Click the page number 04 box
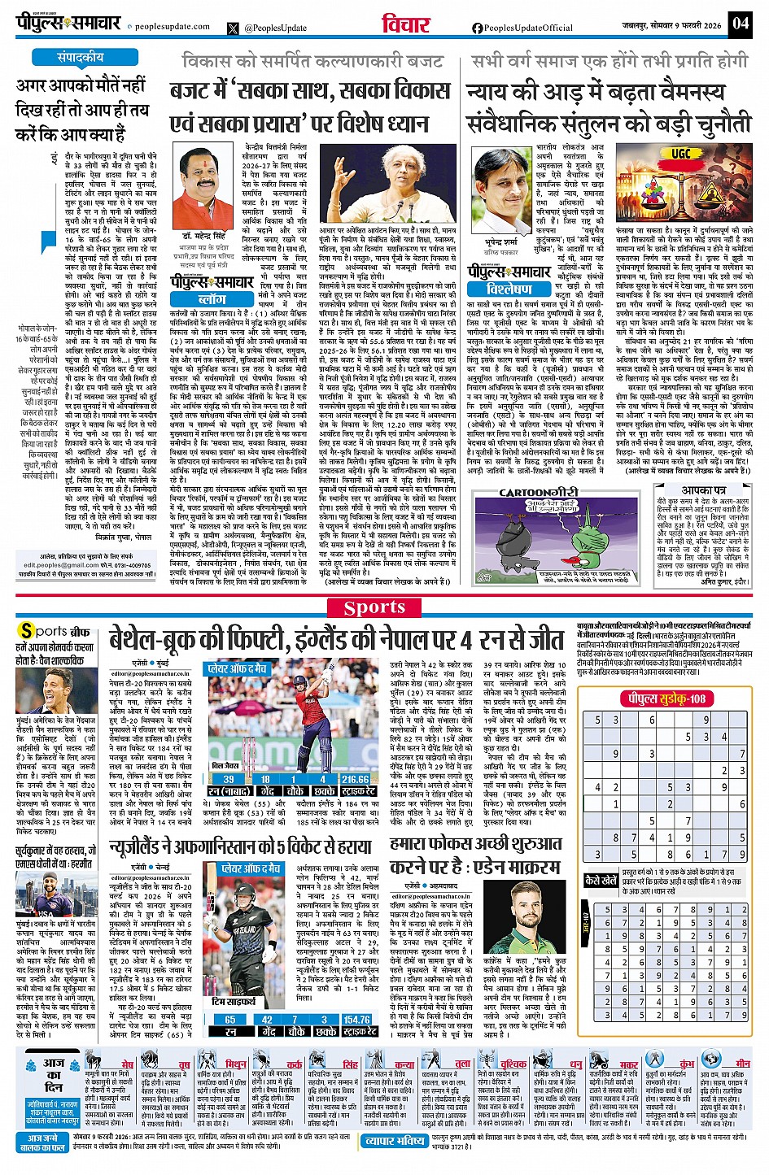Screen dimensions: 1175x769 pyautogui.click(x=740, y=23)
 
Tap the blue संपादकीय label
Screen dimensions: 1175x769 pyautogui.click(x=80, y=58)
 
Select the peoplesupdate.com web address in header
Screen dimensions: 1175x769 pyautogui.click(x=172, y=27)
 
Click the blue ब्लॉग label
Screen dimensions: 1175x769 pyautogui.click(x=212, y=299)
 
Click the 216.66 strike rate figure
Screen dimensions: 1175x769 pyautogui.click(x=355, y=779)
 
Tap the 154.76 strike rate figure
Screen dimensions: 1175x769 pyautogui.click(x=356, y=1019)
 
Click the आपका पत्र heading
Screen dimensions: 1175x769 pyautogui.click(x=703, y=490)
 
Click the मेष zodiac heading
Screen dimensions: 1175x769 pyautogui.click(x=127, y=1064)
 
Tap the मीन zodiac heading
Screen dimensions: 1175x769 pyautogui.click(x=742, y=1064)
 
